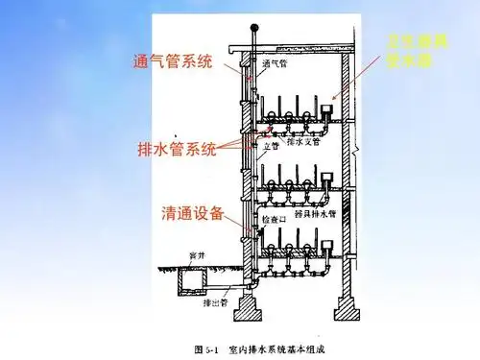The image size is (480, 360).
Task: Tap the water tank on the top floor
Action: pyautogui.click(x=328, y=111)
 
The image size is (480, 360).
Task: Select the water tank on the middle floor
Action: pyautogui.click(x=328, y=179)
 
